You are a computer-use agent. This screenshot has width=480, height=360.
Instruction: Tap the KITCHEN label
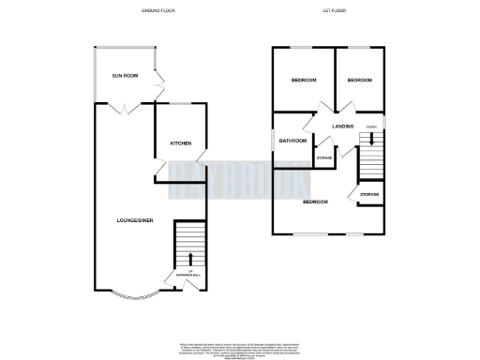(x=180, y=143)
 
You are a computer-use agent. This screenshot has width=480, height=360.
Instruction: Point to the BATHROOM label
(x=292, y=141)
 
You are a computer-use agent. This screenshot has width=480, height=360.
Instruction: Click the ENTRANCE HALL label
(x=190, y=275)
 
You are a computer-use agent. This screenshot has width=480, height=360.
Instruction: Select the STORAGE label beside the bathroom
(x=324, y=157)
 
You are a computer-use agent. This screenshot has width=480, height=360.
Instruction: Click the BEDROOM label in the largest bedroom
(x=315, y=202)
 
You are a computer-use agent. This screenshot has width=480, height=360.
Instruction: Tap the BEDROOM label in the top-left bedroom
(x=304, y=81)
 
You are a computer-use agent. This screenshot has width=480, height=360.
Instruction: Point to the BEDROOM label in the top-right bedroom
(x=359, y=81)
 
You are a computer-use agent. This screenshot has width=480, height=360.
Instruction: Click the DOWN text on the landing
(x=371, y=126)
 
